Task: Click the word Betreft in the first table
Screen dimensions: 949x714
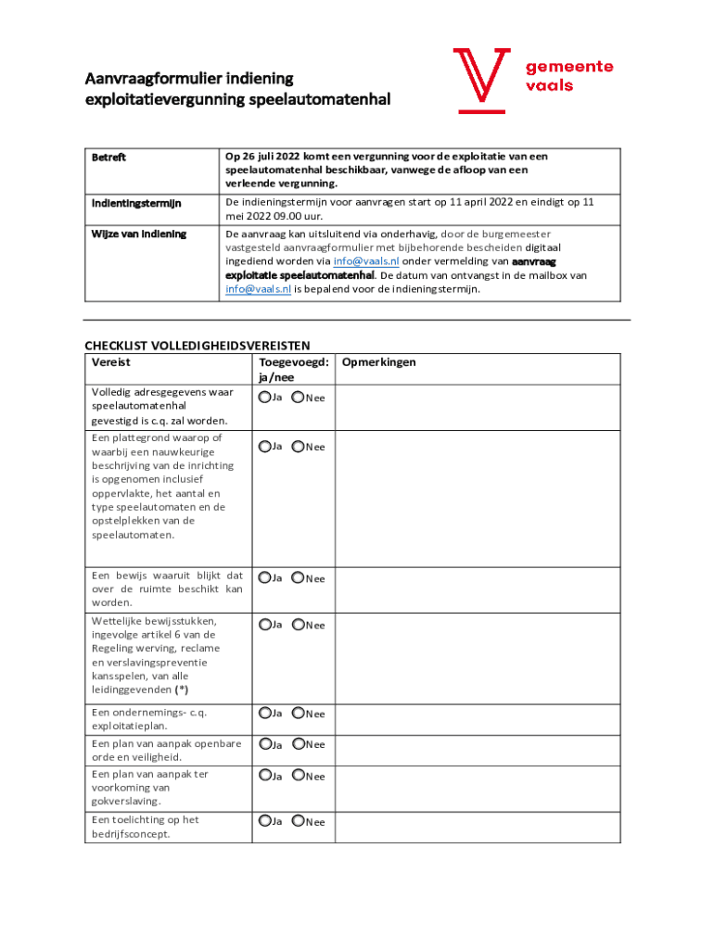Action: (x=108, y=158)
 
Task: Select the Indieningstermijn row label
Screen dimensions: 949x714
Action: (x=135, y=203)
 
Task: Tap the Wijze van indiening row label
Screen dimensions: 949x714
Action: (x=138, y=234)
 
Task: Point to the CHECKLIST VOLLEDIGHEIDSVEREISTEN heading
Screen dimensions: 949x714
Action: (x=198, y=347)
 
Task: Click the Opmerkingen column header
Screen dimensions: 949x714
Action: (x=379, y=362)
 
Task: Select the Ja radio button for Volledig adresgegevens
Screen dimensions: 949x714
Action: (x=265, y=398)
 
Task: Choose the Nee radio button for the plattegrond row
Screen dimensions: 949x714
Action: (x=299, y=447)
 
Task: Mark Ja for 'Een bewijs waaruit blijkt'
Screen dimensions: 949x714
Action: (x=265, y=577)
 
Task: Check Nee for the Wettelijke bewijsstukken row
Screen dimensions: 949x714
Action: (x=299, y=625)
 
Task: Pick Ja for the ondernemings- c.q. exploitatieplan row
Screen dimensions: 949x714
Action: (x=265, y=713)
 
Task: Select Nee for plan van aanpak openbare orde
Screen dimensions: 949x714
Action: (x=299, y=744)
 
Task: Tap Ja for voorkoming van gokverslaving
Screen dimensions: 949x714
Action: (x=265, y=775)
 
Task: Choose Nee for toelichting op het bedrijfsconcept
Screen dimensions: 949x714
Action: (x=299, y=821)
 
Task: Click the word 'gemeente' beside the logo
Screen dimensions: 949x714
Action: (x=569, y=67)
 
